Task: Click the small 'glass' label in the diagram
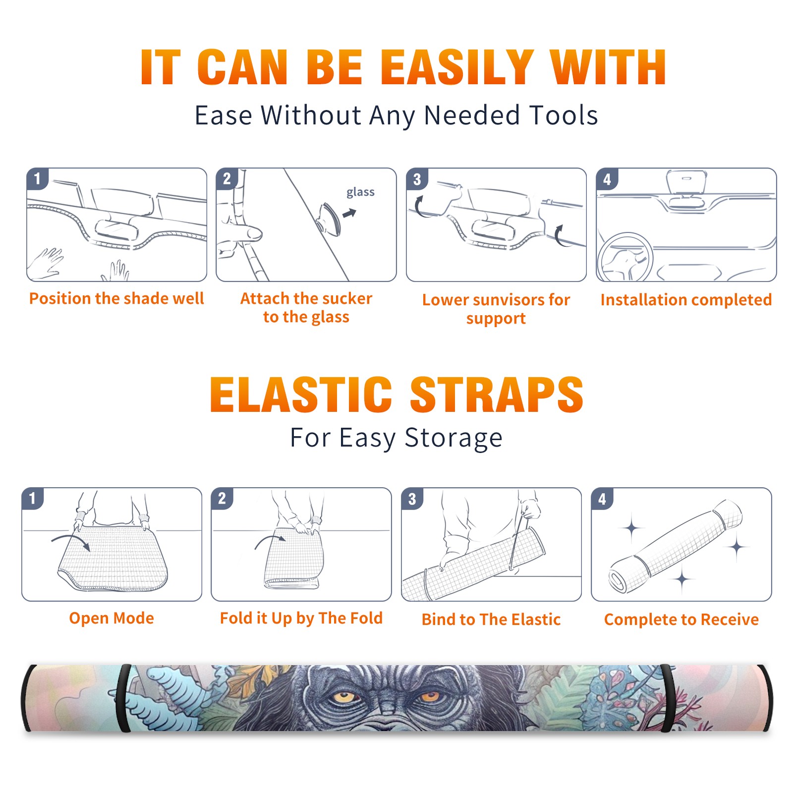pos(360,192)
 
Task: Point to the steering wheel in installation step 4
pos(625,257)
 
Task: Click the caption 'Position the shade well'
pos(116,298)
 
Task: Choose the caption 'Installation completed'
pos(686,300)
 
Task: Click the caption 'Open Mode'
pos(112,618)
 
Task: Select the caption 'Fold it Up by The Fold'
pos(301,619)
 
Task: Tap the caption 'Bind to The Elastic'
pos(491,620)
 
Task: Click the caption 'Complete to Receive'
pos(681,620)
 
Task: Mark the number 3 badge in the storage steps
pos(412,499)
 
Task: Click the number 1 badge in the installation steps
pos(37,178)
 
